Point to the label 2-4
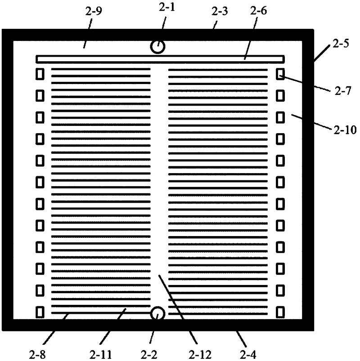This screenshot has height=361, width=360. pos(247,353)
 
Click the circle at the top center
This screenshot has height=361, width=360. pos(157,46)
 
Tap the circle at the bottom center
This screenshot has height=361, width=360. pos(157,313)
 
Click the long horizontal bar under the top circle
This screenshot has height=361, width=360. pos(160,58)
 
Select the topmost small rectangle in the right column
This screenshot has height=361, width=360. pos(280,74)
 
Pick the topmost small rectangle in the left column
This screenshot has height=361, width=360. pos(40,74)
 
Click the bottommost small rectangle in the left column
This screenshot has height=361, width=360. pos(40,311)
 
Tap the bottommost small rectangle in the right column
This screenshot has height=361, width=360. pos(280,311)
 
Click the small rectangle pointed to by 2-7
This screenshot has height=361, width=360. pos(280,74)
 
